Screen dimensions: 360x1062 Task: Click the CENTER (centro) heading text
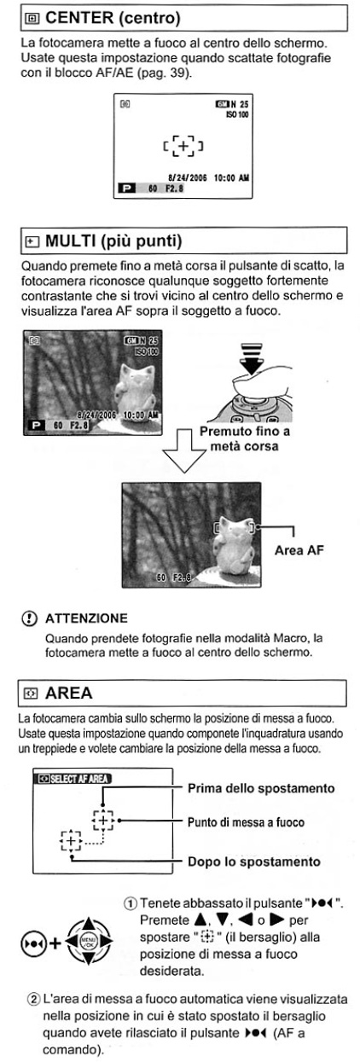pos(113,18)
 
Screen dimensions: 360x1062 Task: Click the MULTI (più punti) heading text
pos(113,241)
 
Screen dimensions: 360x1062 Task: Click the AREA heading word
pos(68,693)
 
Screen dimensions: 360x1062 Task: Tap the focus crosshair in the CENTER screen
pos(183,146)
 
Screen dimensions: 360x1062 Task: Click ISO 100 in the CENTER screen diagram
pos(237,114)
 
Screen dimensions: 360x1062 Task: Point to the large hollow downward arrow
pos(184,450)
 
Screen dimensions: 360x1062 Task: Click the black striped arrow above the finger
pos(252,358)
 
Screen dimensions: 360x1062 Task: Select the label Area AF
pos(299,550)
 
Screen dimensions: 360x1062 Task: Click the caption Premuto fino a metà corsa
pos(244,438)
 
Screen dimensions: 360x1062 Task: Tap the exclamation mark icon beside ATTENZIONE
pos(29,618)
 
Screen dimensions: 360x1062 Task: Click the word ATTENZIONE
pos(86,618)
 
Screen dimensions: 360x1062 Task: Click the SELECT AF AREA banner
pos(73,779)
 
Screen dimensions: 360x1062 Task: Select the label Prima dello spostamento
pos(261,788)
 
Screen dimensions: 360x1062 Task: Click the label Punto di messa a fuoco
pos(246,822)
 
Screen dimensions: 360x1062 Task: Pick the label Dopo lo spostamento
pos(254,862)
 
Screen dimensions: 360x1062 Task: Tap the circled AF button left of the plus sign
pos(33,943)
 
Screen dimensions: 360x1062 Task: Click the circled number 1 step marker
pos(131,903)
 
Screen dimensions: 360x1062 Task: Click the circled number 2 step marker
pos(33,1000)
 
